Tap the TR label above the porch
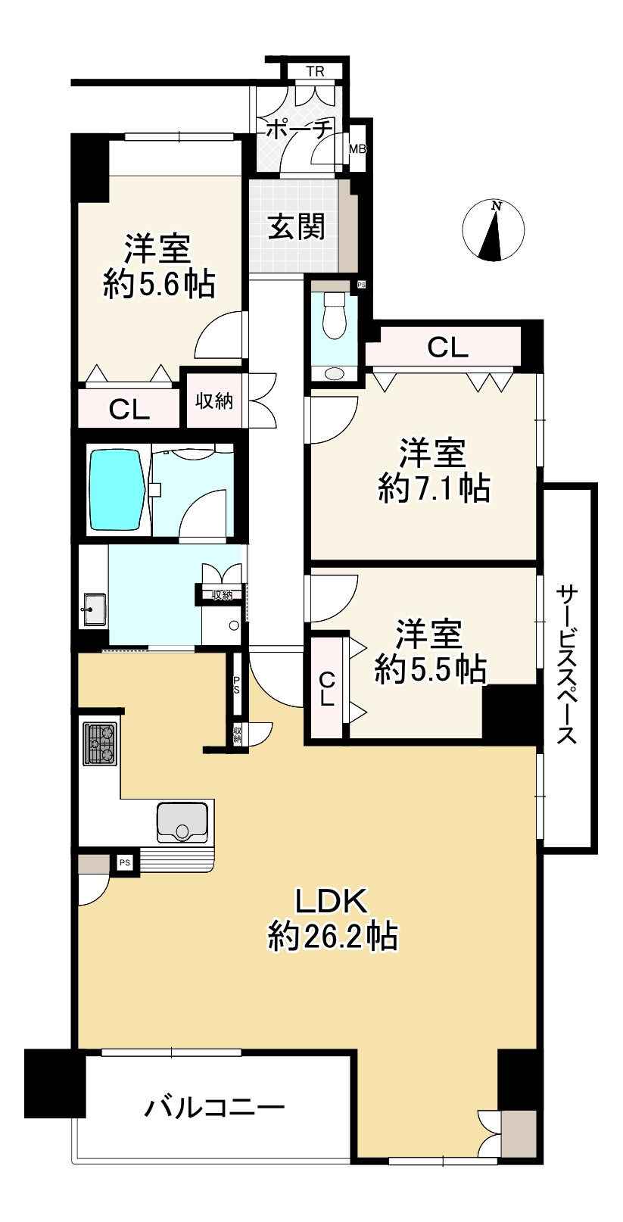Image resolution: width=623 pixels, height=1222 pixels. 315,73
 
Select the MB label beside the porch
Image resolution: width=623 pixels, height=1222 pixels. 357,149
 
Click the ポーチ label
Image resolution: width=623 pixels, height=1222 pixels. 299,130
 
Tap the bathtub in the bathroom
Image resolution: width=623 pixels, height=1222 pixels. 117,490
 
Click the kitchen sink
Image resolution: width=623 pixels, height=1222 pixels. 182,822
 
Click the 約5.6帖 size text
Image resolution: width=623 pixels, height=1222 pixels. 159,285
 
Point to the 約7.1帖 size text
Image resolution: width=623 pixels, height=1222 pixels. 434,490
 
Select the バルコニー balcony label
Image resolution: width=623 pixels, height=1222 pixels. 215,1109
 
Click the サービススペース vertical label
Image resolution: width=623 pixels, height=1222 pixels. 568,664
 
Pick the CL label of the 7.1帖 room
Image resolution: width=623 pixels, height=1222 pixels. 447,348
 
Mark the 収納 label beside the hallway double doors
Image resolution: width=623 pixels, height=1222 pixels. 215,402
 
